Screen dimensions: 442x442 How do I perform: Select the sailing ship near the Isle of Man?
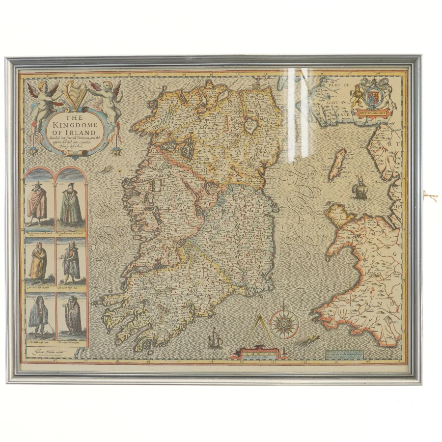click(x=361, y=190)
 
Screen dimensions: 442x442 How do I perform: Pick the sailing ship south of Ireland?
click(x=215, y=339)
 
